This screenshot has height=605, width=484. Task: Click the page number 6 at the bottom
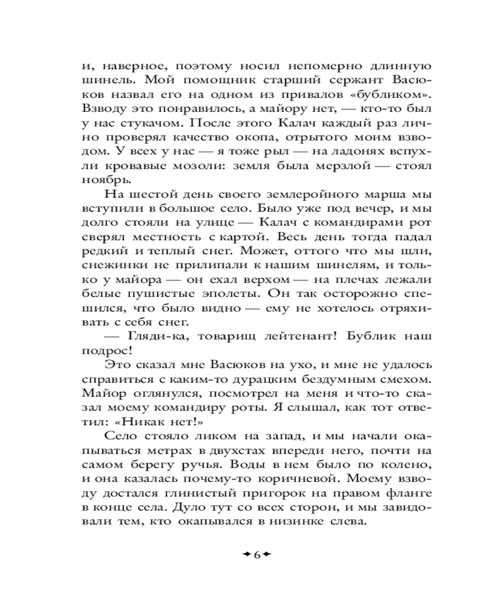pyautogui.click(x=256, y=555)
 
